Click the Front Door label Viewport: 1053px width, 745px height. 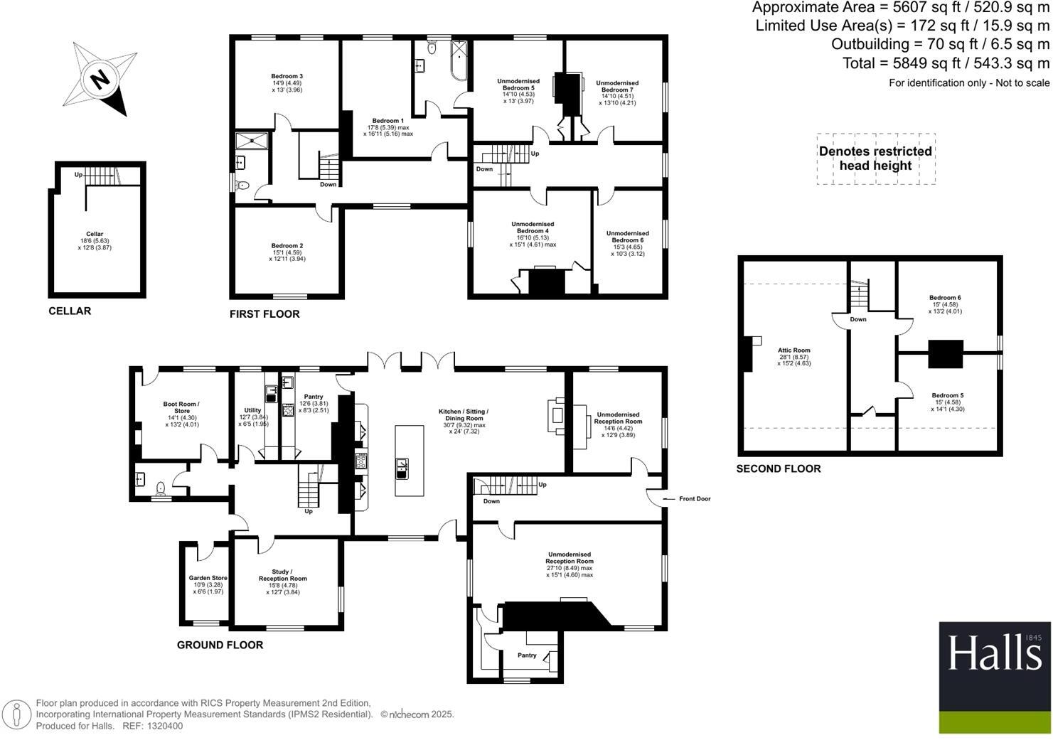click(694, 499)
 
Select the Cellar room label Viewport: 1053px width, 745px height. click(95, 234)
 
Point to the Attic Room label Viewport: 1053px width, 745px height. click(793, 350)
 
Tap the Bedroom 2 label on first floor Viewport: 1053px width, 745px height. click(287, 246)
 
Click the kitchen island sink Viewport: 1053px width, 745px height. click(402, 466)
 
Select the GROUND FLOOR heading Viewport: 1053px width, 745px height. click(220, 645)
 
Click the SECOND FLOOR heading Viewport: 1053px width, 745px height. click(778, 468)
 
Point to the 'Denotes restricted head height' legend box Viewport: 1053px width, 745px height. click(875, 159)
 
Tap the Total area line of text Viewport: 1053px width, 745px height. click(946, 63)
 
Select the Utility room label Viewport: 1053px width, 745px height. click(252, 410)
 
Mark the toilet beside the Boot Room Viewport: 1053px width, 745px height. click(161, 488)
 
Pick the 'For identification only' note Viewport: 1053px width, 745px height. click(968, 83)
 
